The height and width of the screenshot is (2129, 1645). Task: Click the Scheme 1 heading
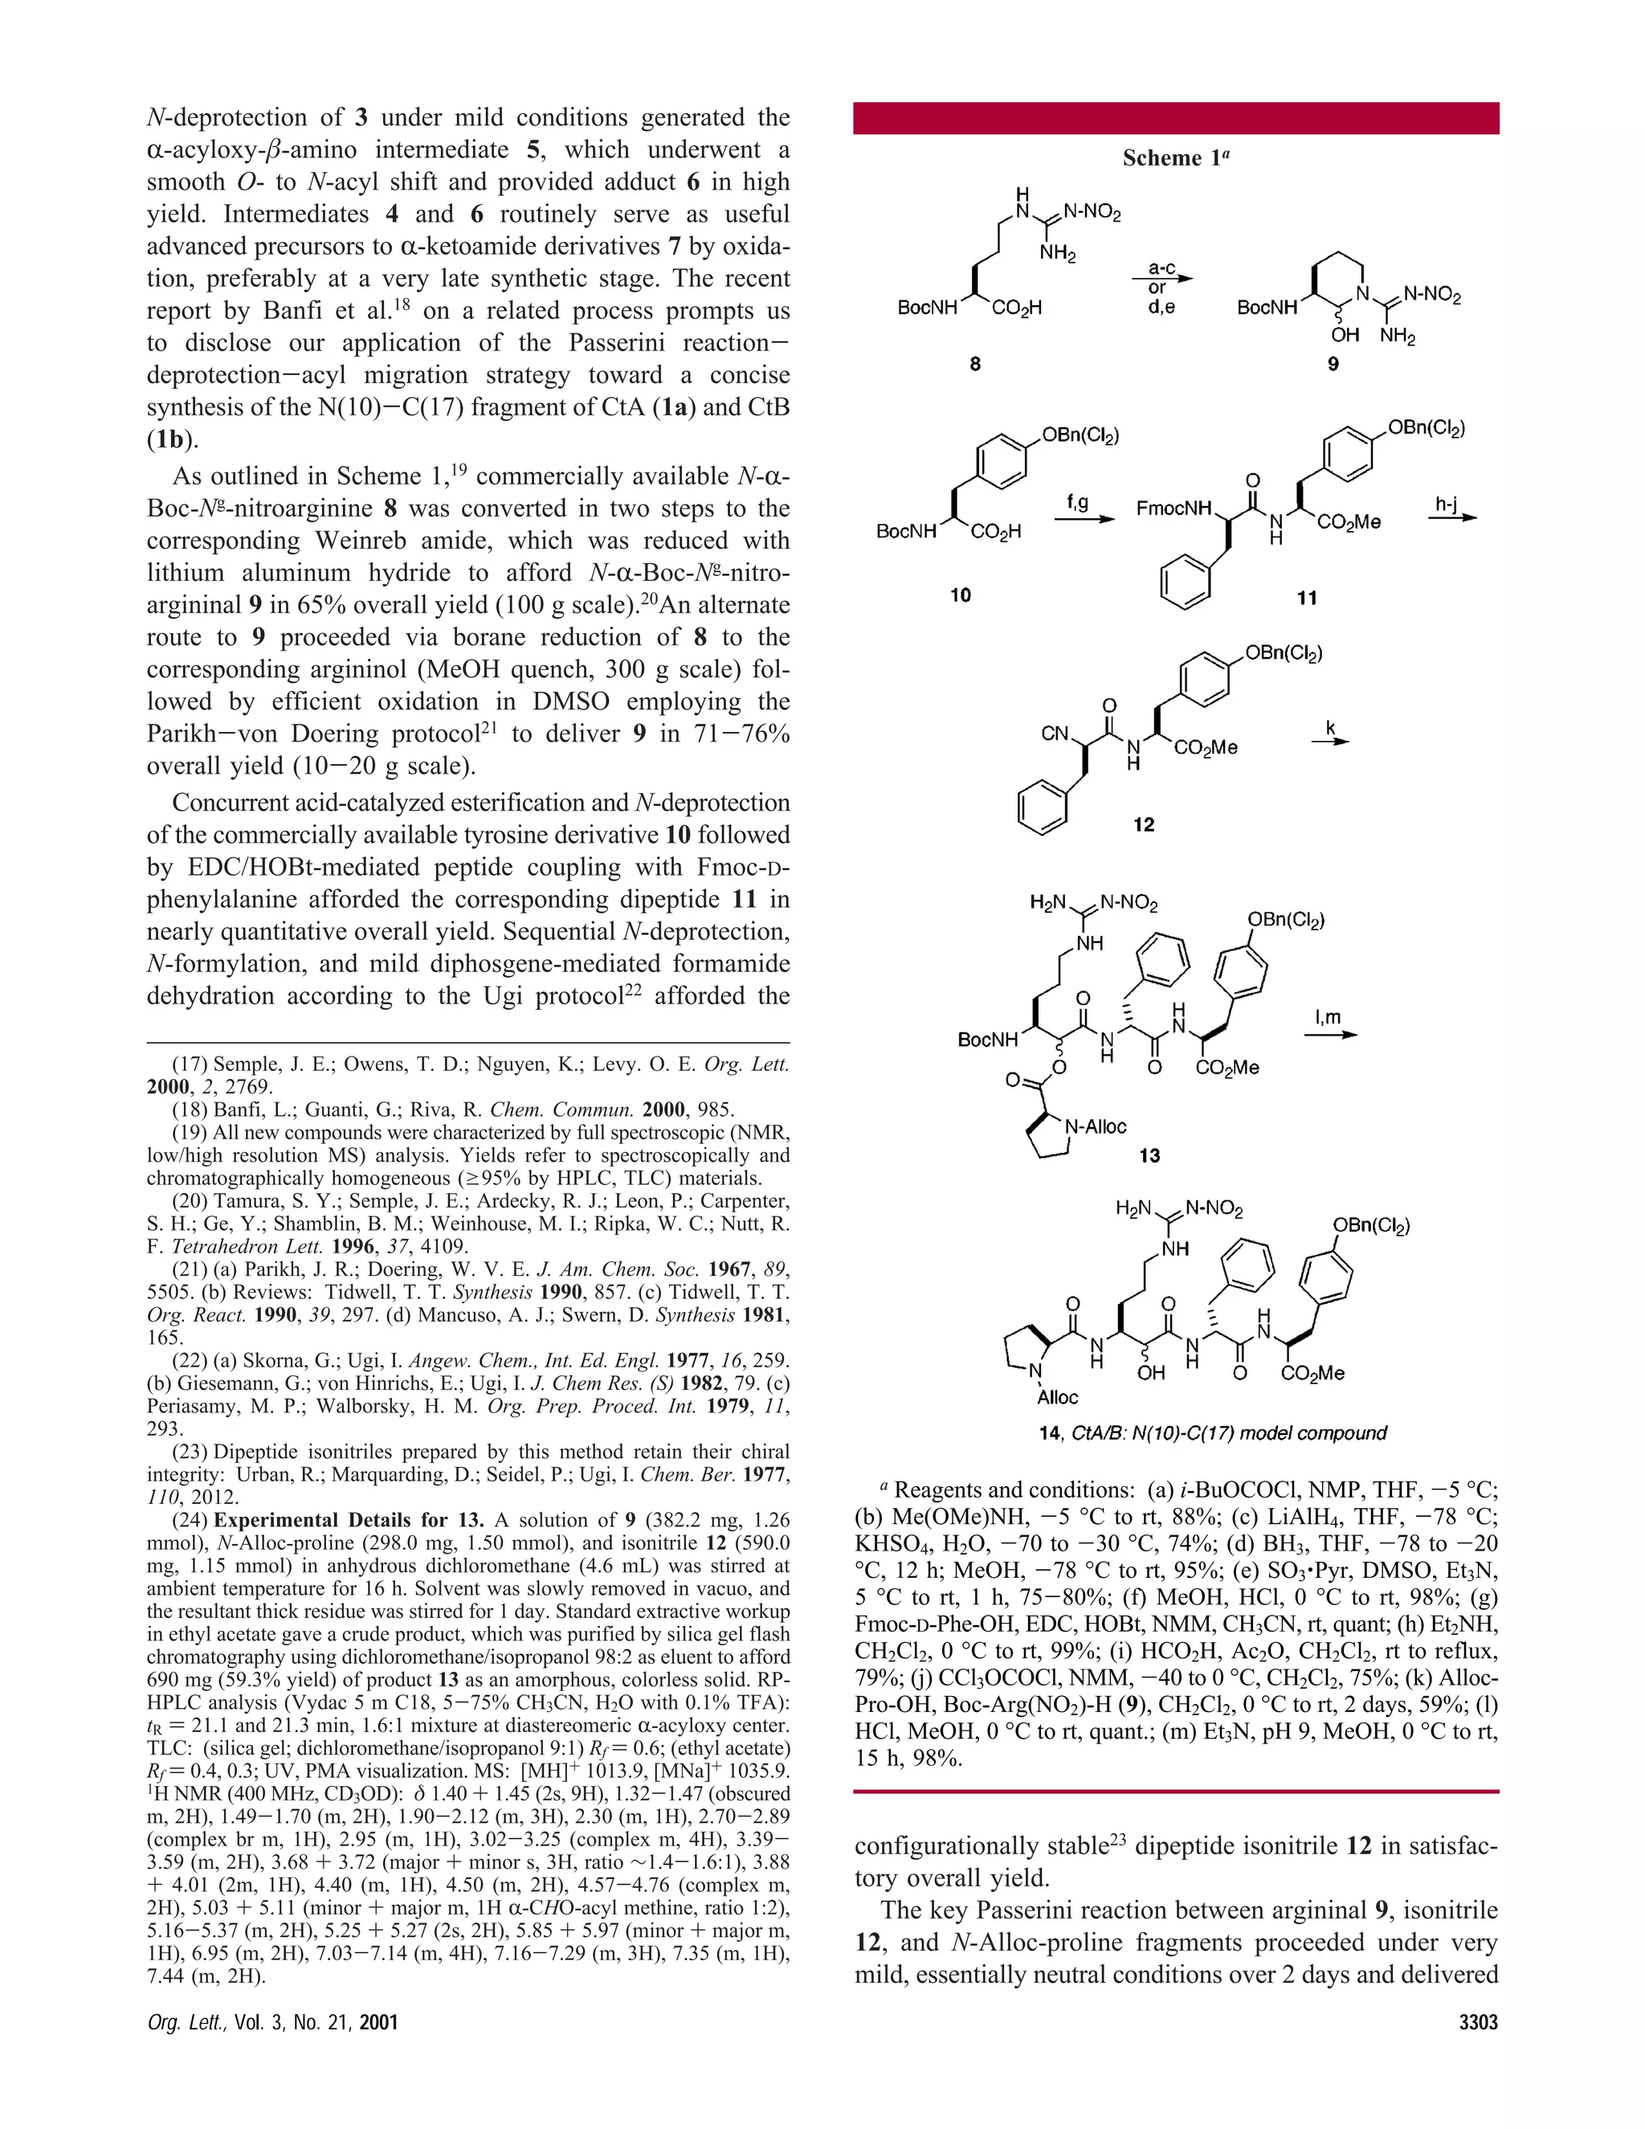pos(1175,158)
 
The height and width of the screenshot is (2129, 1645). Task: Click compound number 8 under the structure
pos(974,364)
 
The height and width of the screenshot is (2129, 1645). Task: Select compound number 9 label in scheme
pos(1333,364)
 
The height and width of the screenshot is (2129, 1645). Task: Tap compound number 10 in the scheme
pos(961,595)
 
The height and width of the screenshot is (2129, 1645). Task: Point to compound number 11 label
pos(1307,598)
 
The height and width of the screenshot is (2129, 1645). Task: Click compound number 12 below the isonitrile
pos(1143,825)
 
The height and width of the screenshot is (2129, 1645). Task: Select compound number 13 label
pos(1150,1156)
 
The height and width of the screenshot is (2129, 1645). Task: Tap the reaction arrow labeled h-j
pos(1453,517)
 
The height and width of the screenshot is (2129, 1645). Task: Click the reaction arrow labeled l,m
pos(1330,1034)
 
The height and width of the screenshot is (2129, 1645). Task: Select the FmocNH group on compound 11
pos(1174,508)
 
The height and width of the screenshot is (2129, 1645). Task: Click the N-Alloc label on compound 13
pos(1096,1127)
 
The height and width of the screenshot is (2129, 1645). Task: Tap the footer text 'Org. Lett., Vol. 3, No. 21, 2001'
pos(272,2023)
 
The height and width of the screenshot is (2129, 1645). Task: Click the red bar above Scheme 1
pos(1175,118)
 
